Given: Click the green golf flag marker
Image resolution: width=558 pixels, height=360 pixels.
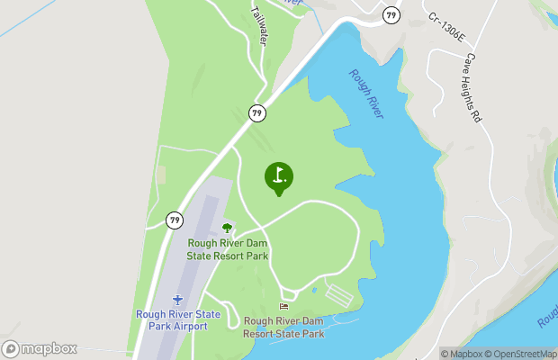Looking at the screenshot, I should tap(279, 177).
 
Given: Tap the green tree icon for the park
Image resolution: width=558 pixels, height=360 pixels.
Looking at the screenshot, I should tap(227, 229).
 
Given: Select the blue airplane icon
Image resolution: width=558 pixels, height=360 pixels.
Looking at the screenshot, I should tap(178, 299).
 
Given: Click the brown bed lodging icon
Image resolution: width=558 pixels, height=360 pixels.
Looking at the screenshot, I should tap(284, 308).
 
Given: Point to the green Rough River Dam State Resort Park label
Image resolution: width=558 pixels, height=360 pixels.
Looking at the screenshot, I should tap(228, 249).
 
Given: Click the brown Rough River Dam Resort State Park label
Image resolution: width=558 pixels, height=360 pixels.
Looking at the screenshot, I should tap(283, 327).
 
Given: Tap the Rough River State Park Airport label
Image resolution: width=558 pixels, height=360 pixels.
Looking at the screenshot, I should tap(178, 319).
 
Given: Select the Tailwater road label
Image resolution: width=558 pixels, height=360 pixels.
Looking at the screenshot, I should tap(261, 27).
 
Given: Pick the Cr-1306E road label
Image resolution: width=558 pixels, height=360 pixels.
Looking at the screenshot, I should tap(446, 27).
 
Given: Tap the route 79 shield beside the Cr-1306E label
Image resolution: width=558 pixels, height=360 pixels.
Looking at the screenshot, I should tap(391, 14).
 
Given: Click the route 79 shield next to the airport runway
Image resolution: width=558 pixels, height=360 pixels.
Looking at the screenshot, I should tap(175, 220).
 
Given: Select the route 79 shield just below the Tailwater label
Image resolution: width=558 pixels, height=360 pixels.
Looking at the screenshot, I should tap(258, 112).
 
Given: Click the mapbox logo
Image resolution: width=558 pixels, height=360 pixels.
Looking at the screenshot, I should tap(40, 349).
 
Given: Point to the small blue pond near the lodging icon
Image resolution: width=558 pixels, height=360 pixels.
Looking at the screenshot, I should tap(314, 290).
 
